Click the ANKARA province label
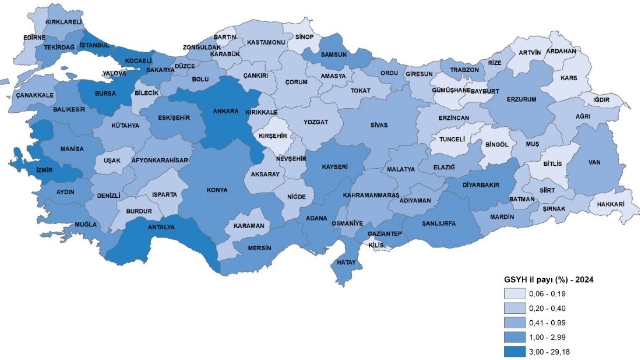pyautogui.click(x=226, y=111)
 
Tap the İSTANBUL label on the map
pyautogui.click(x=94, y=45)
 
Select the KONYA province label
pyautogui.click(x=217, y=190)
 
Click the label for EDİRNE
pyautogui.click(x=34, y=37)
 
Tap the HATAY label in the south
pyautogui.click(x=346, y=262)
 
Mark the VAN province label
pyautogui.click(x=594, y=162)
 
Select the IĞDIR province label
pyautogui.click(x=601, y=100)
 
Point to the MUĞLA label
pyautogui.click(x=86, y=224)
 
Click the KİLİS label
pyautogui.click(x=375, y=245)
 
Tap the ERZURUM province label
pyautogui.click(x=521, y=99)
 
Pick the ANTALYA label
pyautogui.click(x=161, y=227)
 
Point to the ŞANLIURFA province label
pyautogui.click(x=439, y=223)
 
